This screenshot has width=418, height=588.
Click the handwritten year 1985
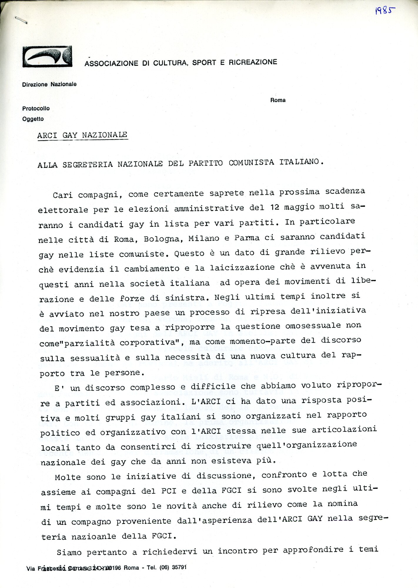(x=385, y=11)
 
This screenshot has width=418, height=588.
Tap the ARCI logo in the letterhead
(x=47, y=56)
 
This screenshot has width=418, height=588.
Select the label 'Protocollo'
(x=36, y=108)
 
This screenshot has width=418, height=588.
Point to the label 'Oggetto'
(x=33, y=119)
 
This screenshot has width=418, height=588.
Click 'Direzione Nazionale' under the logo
(x=49, y=84)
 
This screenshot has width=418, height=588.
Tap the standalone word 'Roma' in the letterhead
(x=278, y=100)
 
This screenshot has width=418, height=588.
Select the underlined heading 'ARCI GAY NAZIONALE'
(x=82, y=135)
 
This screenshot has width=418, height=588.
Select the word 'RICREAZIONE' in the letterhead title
(x=253, y=62)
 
